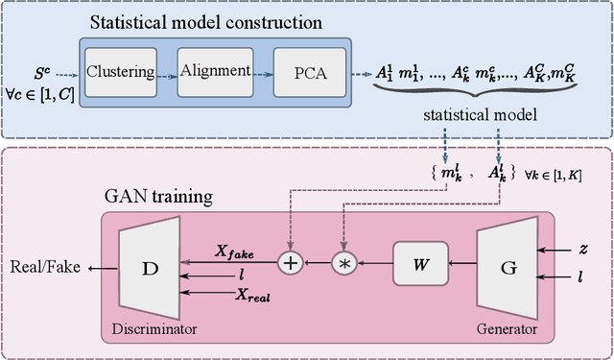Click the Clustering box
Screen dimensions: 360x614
pyautogui.click(x=121, y=71)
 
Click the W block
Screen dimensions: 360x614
pyautogui.click(x=419, y=262)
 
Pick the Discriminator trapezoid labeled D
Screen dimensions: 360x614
pyautogui.click(x=150, y=268)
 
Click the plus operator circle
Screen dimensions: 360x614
pyautogui.click(x=289, y=262)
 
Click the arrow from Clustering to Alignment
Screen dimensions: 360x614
pyautogui.click(x=163, y=71)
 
